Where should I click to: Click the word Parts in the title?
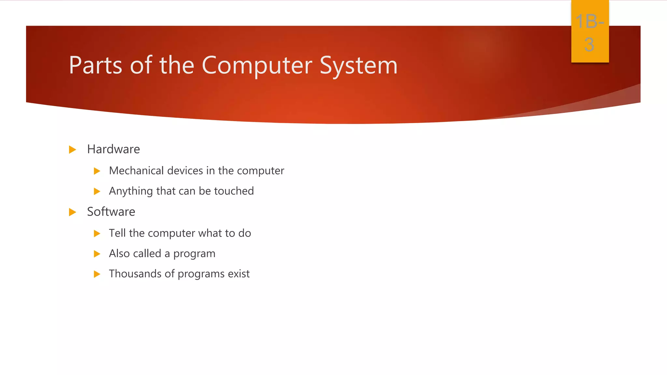(x=95, y=65)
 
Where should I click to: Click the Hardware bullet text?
(x=113, y=149)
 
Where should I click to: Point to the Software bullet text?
(x=111, y=212)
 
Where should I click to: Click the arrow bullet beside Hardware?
(x=73, y=150)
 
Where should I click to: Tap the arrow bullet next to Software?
(x=73, y=212)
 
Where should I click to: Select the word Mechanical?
(x=136, y=171)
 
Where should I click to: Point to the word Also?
(x=120, y=253)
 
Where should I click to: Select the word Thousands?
(x=135, y=274)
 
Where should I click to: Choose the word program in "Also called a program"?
(x=194, y=254)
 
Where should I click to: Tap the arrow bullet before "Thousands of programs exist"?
(x=97, y=274)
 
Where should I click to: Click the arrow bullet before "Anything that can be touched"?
(x=97, y=191)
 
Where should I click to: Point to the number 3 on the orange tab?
(x=589, y=44)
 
